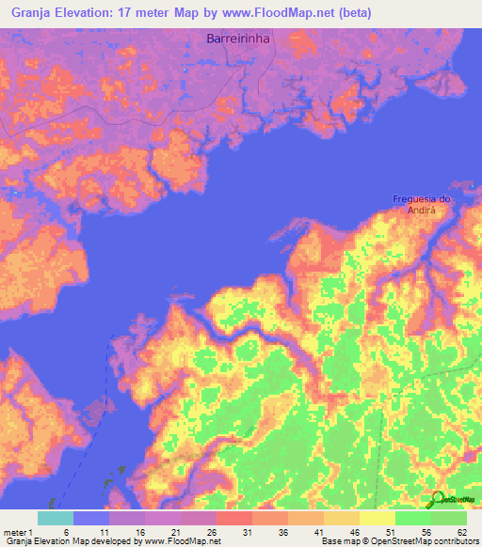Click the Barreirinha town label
[233, 39]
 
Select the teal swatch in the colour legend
[56, 518]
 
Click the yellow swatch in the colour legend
[378, 518]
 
